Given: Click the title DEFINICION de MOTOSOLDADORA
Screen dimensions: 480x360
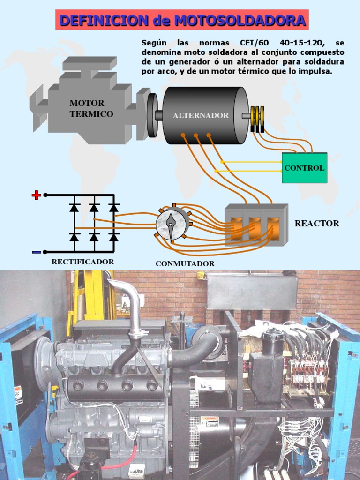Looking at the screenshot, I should click(182, 21).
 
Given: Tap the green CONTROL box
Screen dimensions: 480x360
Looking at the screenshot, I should click(304, 168).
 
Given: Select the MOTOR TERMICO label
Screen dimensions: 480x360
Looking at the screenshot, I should click(91, 108).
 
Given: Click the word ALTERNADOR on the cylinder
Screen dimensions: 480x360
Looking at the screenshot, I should click(201, 115).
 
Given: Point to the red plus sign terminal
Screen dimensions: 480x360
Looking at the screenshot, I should click(36, 195).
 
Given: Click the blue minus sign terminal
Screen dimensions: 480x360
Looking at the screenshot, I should click(36, 252).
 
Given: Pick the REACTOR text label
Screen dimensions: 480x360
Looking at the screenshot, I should click(316, 224).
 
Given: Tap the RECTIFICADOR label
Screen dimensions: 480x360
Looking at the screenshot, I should click(82, 262).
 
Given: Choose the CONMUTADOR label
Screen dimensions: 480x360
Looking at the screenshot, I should click(185, 263).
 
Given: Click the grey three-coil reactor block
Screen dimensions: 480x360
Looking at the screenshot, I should click(255, 225).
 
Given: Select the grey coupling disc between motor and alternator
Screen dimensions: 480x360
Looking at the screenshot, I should click(152, 115).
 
